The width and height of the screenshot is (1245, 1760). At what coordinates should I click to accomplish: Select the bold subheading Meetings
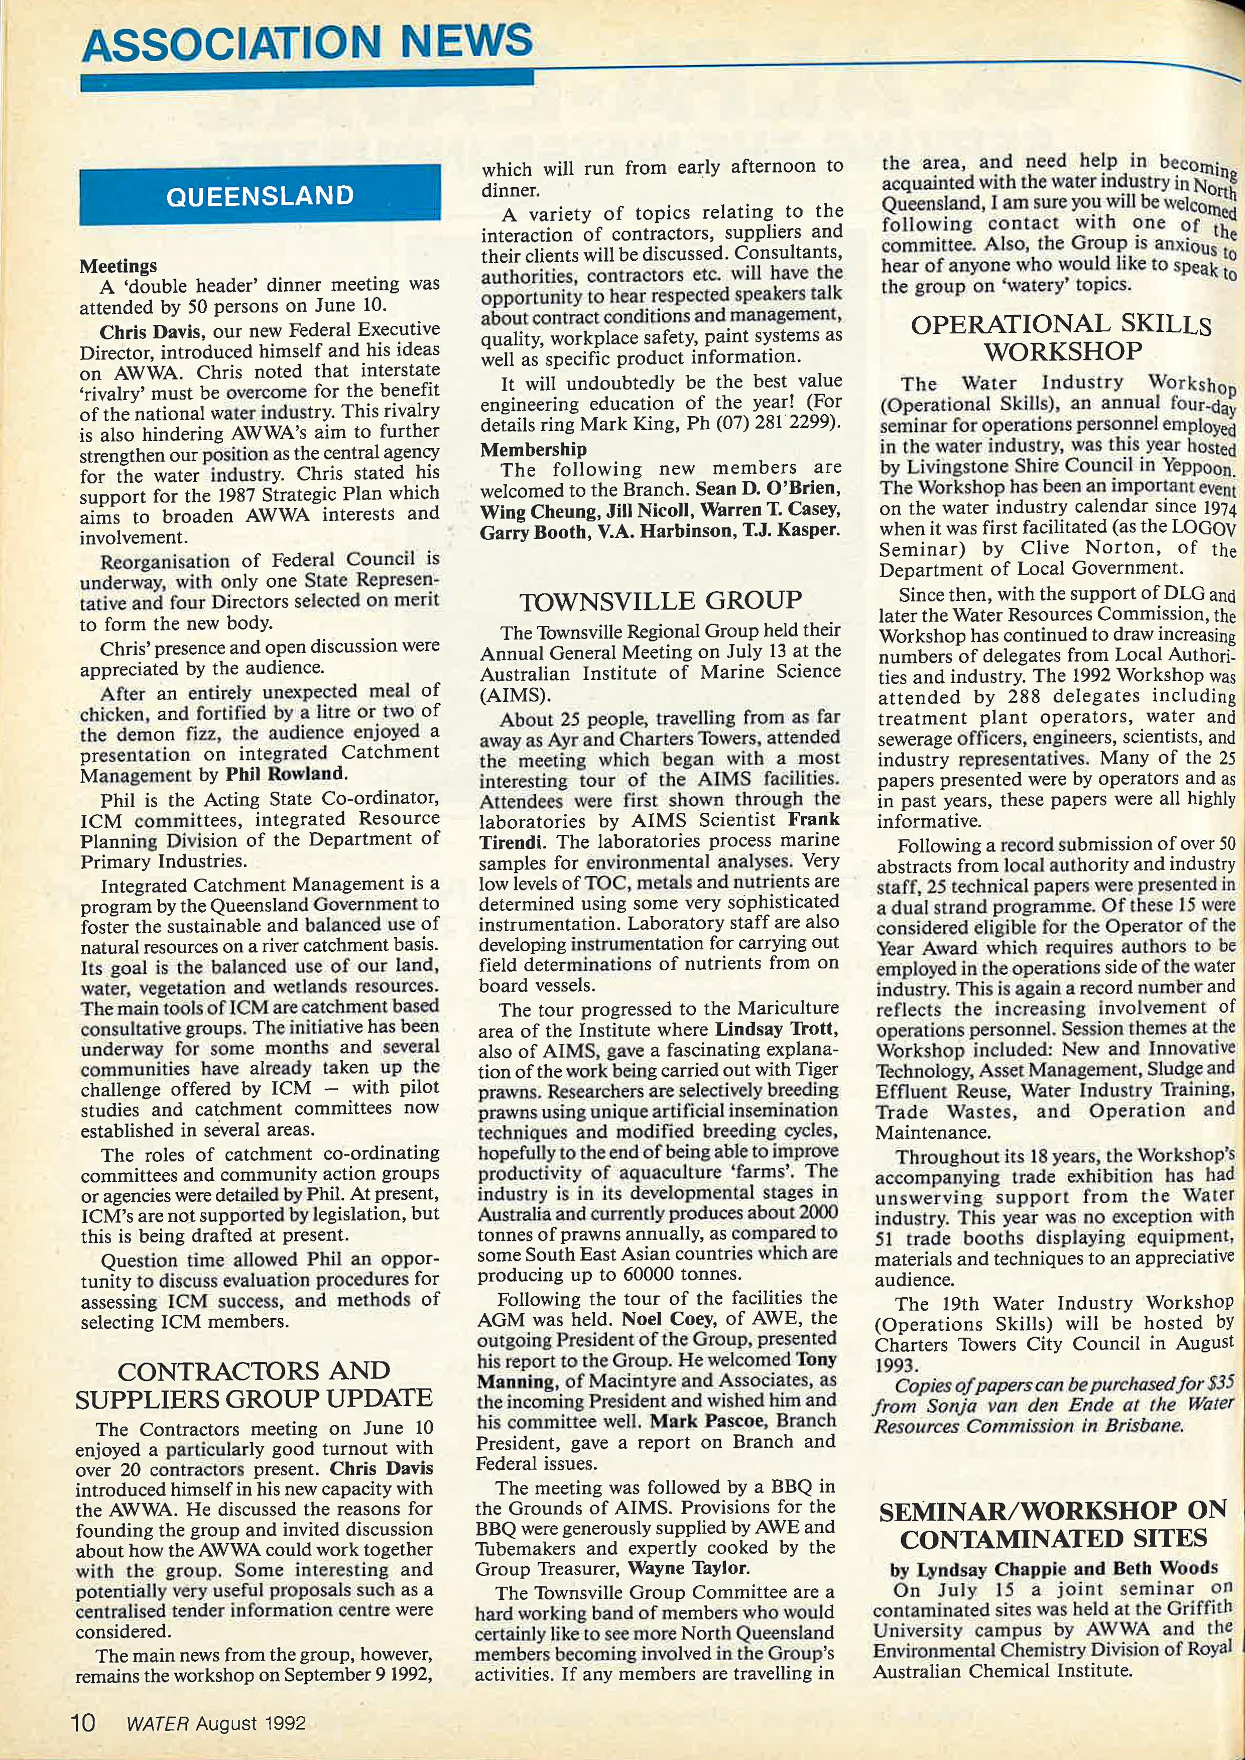click(x=118, y=266)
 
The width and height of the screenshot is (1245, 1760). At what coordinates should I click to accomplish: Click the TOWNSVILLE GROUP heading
click(x=660, y=600)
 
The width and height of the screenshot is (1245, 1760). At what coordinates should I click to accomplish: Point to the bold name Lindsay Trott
click(x=776, y=1029)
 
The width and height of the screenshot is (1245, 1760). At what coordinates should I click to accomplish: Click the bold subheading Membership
click(x=533, y=449)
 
